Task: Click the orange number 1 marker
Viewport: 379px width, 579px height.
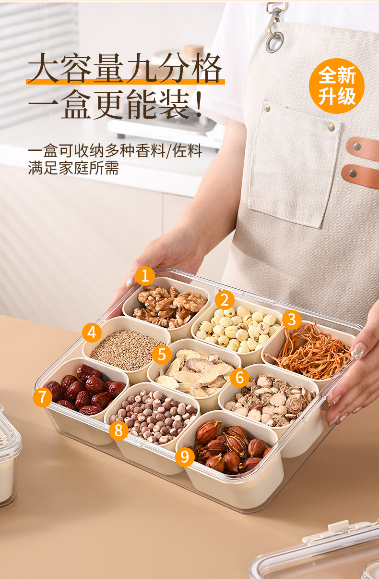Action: tap(145, 276)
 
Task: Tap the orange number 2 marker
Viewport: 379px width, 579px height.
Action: tap(225, 300)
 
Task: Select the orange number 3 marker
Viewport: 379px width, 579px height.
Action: tap(292, 319)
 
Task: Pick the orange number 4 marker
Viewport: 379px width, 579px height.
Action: tap(92, 333)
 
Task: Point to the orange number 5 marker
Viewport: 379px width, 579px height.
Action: tap(162, 355)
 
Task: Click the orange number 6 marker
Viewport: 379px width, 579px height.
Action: tap(239, 378)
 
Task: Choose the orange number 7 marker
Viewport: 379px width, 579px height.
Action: tap(42, 397)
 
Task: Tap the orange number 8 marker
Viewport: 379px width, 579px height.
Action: tap(118, 430)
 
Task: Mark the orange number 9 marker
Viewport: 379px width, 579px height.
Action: tap(185, 456)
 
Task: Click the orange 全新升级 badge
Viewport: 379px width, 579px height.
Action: tap(337, 86)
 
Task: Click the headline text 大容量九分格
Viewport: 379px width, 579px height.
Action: tap(125, 68)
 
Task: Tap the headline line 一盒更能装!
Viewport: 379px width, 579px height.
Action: tap(115, 104)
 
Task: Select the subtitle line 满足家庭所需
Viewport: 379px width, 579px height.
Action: tap(73, 168)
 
